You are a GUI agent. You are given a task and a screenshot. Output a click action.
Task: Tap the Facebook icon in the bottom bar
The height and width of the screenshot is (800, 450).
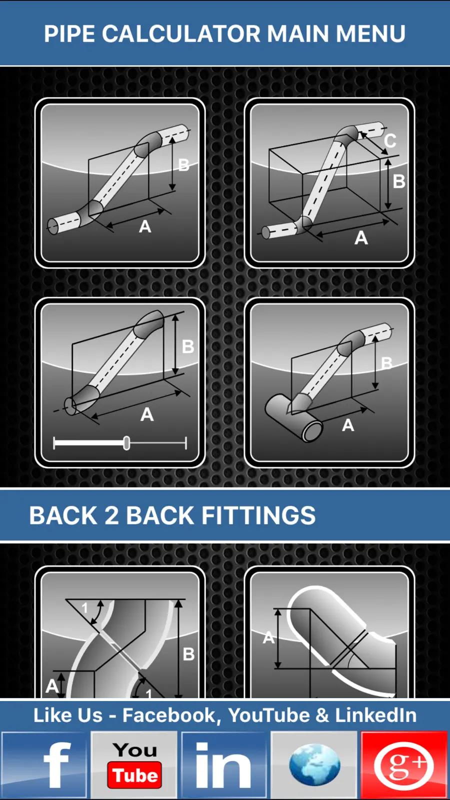[44, 764]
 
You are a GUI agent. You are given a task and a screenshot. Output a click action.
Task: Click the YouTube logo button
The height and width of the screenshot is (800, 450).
[134, 764]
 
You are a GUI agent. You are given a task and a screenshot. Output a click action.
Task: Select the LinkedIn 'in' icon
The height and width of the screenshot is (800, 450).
[224, 764]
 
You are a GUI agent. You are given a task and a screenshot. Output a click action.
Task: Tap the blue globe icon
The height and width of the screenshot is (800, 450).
[314, 764]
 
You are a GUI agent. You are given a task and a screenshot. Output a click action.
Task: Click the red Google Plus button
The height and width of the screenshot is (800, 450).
[404, 764]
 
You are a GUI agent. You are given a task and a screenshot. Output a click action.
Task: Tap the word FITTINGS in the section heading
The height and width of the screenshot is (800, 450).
[258, 515]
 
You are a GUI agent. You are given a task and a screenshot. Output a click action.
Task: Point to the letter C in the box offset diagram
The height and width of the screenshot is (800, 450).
[390, 140]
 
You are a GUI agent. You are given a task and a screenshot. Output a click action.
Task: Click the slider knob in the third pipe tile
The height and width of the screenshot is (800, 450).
[126, 443]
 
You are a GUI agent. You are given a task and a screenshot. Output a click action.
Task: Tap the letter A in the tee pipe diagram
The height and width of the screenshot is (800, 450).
[348, 425]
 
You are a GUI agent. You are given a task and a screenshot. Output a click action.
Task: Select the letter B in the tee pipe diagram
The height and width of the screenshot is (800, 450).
[386, 363]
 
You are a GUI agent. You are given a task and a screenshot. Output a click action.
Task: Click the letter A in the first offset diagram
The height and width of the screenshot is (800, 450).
[145, 226]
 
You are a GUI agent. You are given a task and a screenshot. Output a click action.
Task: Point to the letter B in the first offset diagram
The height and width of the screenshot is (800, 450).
[183, 165]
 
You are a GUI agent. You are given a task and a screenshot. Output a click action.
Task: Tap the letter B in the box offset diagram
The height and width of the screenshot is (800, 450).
[399, 181]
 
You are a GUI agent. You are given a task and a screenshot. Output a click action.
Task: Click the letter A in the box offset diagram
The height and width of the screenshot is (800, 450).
[361, 238]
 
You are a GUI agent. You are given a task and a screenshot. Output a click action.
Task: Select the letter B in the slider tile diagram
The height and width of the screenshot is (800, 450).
[188, 346]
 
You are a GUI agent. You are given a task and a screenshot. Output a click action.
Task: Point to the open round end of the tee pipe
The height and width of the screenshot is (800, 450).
[312, 431]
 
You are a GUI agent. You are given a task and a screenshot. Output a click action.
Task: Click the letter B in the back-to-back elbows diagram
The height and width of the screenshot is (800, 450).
[188, 654]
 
